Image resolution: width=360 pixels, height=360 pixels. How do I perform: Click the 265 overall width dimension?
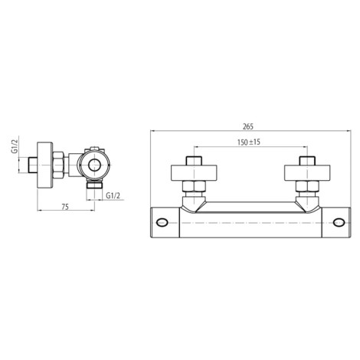click(248, 126)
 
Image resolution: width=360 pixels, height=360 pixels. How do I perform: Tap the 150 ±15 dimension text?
click(249, 142)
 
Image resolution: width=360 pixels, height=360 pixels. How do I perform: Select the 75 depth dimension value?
click(65, 207)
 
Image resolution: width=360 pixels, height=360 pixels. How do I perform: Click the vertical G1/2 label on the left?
click(15, 147)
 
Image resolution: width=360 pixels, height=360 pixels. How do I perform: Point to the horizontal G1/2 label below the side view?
click(113, 195)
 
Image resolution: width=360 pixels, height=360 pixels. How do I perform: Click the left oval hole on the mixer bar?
click(162, 222)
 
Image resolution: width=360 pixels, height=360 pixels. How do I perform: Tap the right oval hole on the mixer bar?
click(339, 222)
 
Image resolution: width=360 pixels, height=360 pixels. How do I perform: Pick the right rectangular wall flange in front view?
click(307, 173)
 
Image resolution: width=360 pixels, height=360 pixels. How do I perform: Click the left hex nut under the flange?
click(194, 186)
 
